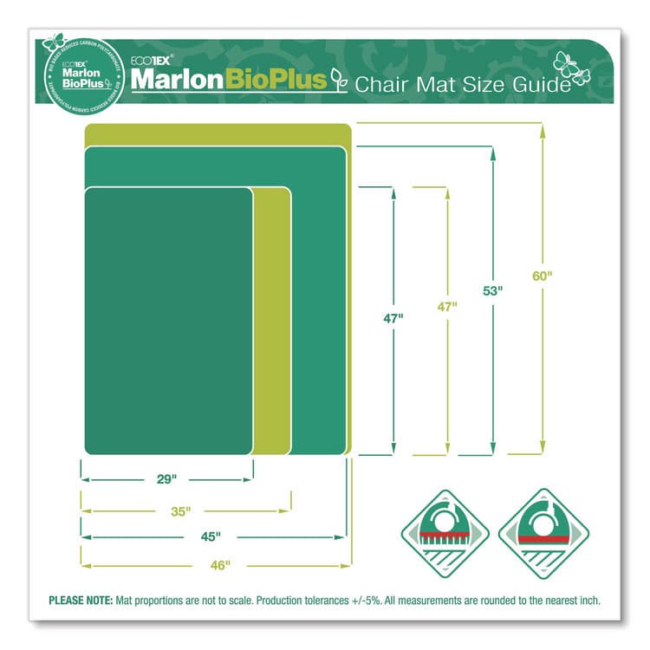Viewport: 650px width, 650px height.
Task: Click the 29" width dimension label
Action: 167,478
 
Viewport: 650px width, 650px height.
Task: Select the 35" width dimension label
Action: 180,511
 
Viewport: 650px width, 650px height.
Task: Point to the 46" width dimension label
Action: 220,565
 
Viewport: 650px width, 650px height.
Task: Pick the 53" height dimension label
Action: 493,291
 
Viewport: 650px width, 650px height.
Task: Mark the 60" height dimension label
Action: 542,276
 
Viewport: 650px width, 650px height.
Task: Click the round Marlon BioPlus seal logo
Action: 79,70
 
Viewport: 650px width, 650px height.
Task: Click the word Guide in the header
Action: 546,84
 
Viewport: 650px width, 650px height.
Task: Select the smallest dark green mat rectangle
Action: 169,320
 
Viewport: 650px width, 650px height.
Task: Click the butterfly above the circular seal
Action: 54,41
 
